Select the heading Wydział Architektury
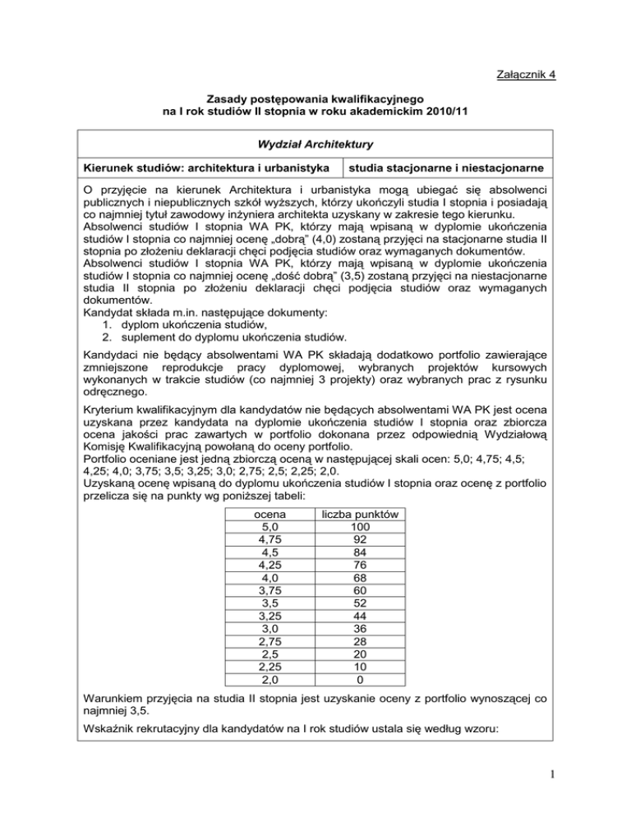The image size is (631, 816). [x=315, y=143]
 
